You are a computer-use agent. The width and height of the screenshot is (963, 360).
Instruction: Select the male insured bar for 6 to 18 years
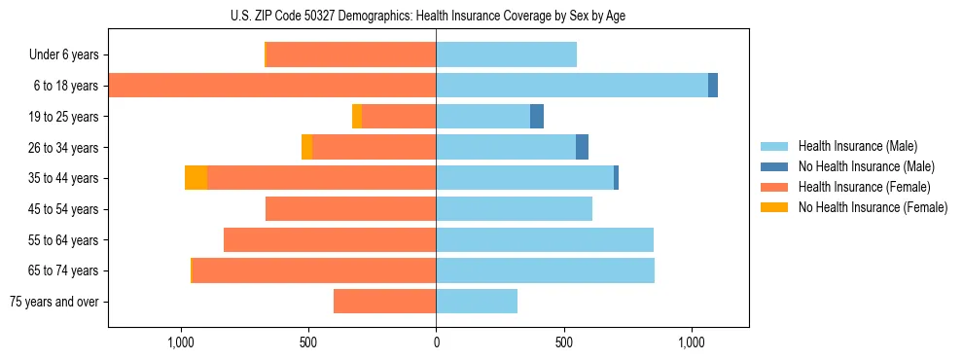(572, 86)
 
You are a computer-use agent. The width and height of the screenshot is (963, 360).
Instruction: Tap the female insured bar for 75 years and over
(384, 302)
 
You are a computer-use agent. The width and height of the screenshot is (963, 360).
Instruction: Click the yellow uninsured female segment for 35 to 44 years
(196, 178)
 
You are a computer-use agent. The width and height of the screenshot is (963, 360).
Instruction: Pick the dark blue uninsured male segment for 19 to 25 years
(537, 117)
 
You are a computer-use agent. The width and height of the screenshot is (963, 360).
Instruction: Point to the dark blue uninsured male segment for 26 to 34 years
(582, 147)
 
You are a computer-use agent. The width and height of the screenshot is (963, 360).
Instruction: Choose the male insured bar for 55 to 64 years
(545, 239)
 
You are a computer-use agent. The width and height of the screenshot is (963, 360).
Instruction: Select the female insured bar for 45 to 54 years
(350, 209)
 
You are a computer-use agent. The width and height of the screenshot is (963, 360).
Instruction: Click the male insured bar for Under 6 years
(506, 54)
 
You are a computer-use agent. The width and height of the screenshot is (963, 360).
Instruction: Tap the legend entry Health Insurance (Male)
(856, 146)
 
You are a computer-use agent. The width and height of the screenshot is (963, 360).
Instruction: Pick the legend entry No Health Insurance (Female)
(871, 207)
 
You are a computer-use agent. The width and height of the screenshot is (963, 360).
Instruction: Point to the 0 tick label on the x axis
(436, 342)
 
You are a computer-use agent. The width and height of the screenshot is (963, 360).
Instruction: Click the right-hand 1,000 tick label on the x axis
(692, 342)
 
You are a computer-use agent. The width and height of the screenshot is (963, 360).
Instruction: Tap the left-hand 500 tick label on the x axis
(307, 342)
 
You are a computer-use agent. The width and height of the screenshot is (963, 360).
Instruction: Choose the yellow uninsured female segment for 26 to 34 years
(306, 147)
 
